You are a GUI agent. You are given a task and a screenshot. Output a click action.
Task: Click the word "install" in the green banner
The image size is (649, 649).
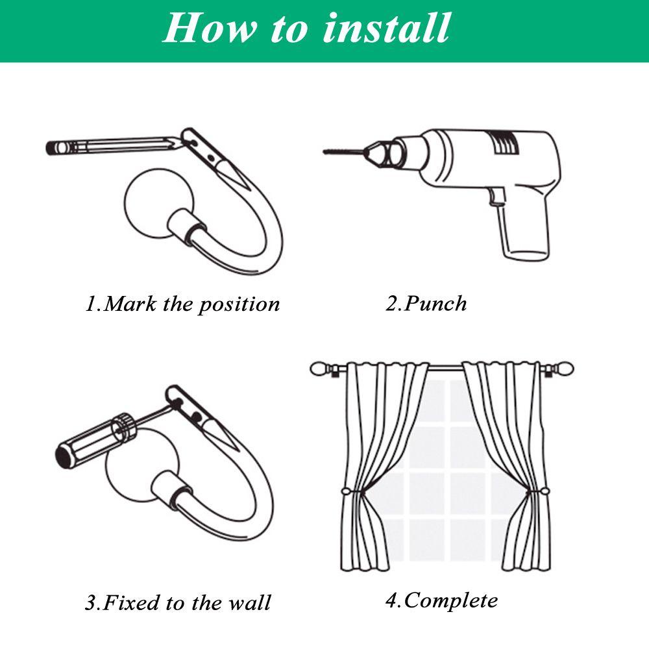(x=386, y=27)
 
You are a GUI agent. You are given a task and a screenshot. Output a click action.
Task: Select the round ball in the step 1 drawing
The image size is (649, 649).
(x=154, y=202)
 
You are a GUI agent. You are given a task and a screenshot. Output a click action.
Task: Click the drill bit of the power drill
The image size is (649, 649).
(x=343, y=151)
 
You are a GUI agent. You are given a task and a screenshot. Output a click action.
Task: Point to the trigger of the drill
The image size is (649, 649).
(x=495, y=196)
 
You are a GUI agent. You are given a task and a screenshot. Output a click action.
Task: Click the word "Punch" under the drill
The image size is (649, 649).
(x=435, y=303)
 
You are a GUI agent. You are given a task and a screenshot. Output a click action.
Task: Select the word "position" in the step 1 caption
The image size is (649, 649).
(x=239, y=305)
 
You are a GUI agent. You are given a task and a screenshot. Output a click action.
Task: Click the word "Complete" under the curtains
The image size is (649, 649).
(x=451, y=600)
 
